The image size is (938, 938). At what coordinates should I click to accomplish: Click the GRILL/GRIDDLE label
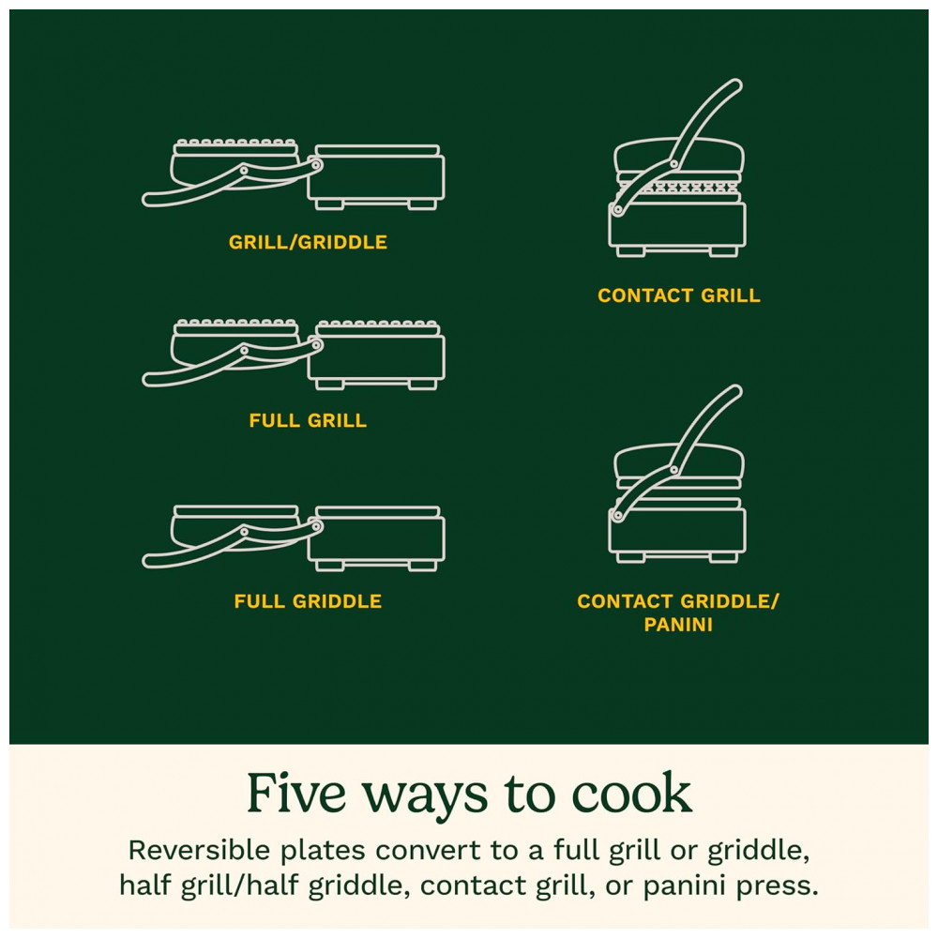click(x=308, y=242)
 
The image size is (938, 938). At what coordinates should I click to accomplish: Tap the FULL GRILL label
click(x=308, y=420)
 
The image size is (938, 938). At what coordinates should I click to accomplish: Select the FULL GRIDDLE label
click(x=308, y=601)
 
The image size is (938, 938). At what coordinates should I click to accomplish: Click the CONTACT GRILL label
click(x=679, y=295)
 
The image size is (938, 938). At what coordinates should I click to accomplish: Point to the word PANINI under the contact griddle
click(x=678, y=625)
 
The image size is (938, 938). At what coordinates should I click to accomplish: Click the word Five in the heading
click(x=296, y=794)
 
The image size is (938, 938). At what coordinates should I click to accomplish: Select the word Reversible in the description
click(x=199, y=850)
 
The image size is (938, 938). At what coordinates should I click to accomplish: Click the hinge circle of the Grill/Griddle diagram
click(x=315, y=164)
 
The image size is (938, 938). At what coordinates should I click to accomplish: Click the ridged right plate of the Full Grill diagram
click(x=377, y=327)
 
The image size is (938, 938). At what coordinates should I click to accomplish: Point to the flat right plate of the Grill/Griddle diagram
click(x=377, y=150)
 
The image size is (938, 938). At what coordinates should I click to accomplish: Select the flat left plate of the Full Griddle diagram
click(x=236, y=511)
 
